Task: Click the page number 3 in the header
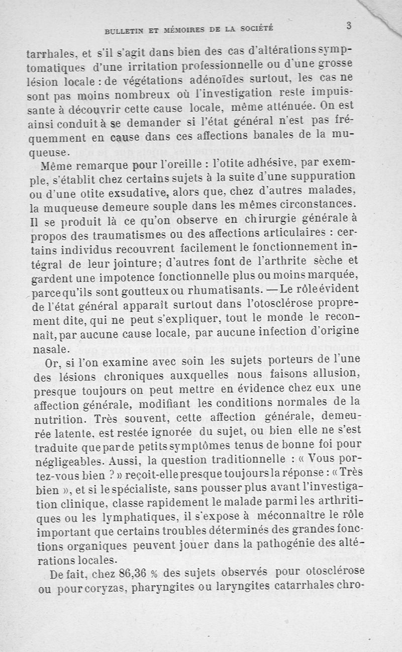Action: (348, 26)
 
